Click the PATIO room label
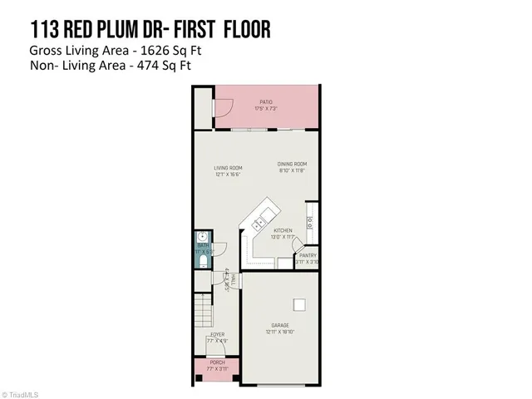pos(265,102)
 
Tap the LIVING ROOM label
pos(227,168)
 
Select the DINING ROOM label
pos(292,164)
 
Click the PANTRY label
pos(307,255)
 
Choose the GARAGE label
pos(279,325)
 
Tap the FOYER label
pos(216,334)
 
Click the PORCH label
pos(216,362)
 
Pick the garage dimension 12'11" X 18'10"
pos(279,332)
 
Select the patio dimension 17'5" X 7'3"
pos(265,108)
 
